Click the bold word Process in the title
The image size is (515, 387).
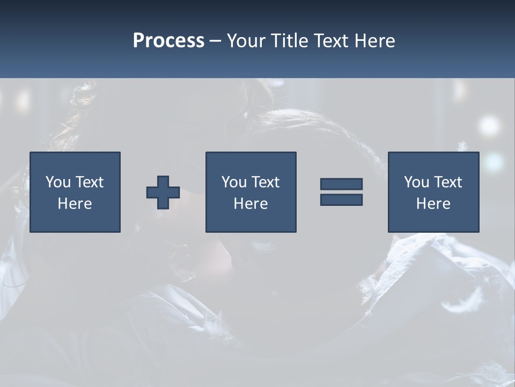(168, 41)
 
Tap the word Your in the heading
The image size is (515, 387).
(247, 41)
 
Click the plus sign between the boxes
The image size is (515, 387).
(163, 192)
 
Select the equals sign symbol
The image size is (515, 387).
(341, 192)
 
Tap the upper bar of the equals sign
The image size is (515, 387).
(341, 184)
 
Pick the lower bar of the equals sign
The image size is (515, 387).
(341, 200)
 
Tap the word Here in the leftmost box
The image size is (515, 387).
(75, 204)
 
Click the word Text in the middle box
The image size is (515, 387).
(266, 182)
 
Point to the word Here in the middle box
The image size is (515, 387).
(251, 204)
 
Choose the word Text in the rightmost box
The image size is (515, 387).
(448, 182)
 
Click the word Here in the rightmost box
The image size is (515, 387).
(433, 204)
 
